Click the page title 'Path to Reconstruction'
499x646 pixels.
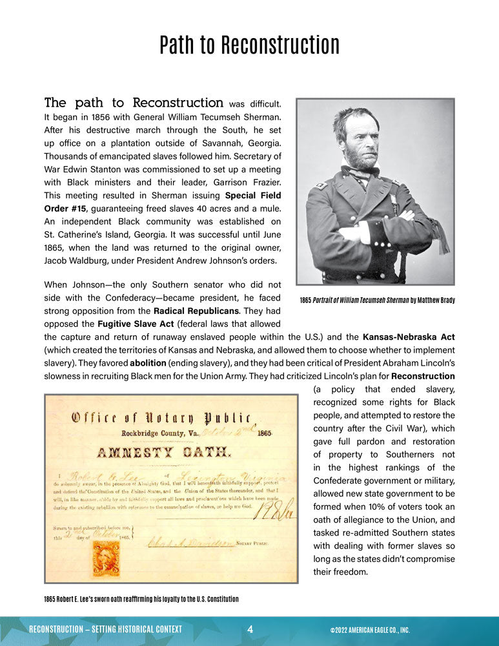249,45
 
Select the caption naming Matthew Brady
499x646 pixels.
377,300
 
